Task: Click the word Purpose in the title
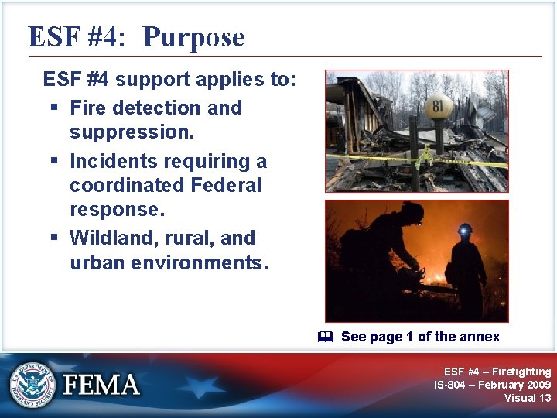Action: click(193, 36)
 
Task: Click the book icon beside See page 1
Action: click(326, 337)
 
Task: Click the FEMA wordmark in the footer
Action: click(102, 385)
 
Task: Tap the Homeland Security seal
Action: click(33, 384)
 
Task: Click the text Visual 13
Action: click(528, 398)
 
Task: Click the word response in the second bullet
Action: click(105, 209)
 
